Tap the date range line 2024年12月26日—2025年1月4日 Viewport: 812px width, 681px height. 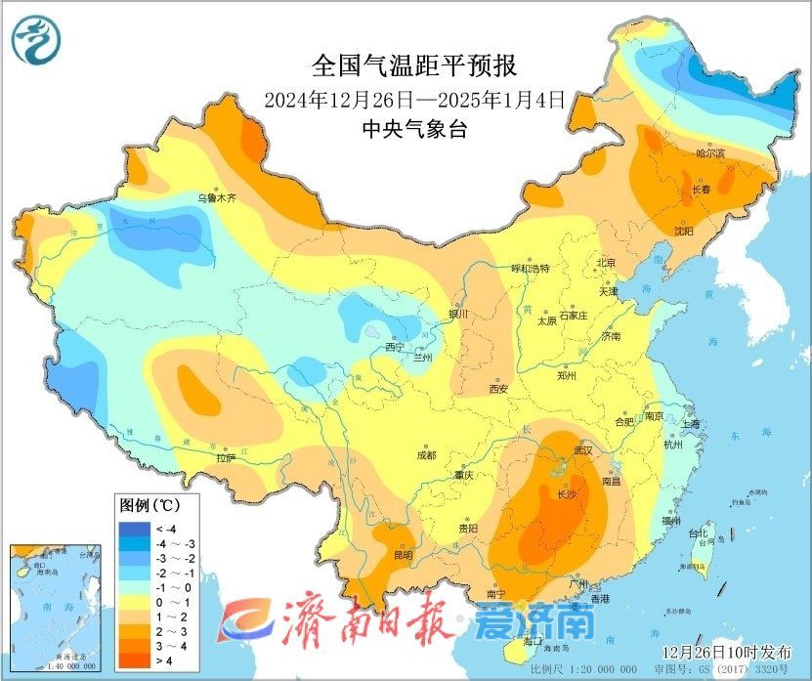415,99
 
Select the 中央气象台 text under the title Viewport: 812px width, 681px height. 414,128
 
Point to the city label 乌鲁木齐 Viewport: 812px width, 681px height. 217,197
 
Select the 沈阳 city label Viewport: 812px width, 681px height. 683,232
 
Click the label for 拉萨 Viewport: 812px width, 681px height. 226,457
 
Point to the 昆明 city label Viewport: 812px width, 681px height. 403,555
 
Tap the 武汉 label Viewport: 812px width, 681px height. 584,449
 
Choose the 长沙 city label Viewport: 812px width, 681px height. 567,494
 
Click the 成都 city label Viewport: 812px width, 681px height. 426,454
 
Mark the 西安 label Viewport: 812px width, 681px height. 498,389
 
